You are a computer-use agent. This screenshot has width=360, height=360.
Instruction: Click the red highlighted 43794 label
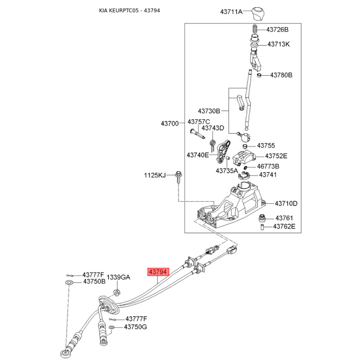point(158,272)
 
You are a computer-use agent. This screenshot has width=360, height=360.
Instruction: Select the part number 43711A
point(231,12)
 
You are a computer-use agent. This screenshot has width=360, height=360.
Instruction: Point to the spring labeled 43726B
point(254,29)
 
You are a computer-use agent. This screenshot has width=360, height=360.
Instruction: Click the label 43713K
point(279,44)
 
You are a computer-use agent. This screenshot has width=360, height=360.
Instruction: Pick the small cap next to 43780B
point(259,75)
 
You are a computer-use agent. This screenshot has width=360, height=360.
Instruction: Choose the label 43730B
point(209,111)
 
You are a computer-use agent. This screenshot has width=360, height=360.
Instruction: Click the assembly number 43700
point(170,123)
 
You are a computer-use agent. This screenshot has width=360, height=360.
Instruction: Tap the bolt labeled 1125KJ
point(178,177)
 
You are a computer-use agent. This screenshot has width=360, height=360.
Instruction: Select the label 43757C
point(198,121)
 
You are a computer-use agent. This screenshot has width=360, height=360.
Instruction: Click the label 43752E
point(276,156)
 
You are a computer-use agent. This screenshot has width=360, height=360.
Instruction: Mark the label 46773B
point(268,166)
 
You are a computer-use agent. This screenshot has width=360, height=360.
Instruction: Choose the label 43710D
point(286,203)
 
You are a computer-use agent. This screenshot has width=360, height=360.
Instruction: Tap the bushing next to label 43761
point(262,218)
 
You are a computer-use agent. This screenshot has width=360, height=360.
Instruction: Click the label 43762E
point(284,227)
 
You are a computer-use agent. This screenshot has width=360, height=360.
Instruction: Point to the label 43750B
point(94,282)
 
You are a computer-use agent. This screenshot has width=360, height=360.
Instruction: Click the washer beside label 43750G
point(111,327)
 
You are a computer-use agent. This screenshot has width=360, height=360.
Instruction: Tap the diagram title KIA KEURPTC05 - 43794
point(130,10)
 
